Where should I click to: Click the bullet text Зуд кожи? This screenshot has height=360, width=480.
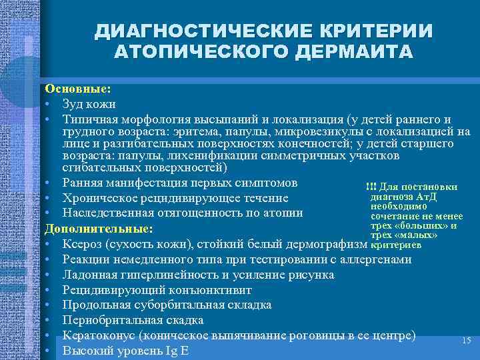pos(89,104)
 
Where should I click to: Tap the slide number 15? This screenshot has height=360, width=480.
pos(466,341)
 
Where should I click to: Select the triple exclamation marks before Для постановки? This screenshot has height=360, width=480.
pos(371,186)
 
